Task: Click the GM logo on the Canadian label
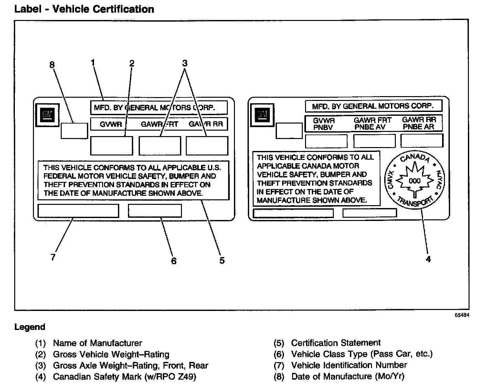262,114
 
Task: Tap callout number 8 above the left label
52,65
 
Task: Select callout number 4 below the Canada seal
428,259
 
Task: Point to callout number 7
53,257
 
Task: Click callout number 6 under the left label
174,261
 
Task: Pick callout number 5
222,260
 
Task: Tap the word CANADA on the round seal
415,158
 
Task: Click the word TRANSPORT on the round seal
415,203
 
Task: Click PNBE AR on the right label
418,127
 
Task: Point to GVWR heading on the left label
111,124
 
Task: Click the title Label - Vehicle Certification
84,9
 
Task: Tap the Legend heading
30,327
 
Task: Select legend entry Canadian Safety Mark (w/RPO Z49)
124,376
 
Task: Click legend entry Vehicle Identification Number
349,365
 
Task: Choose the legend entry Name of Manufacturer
97,343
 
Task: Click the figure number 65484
462,315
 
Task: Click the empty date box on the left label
74,131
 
